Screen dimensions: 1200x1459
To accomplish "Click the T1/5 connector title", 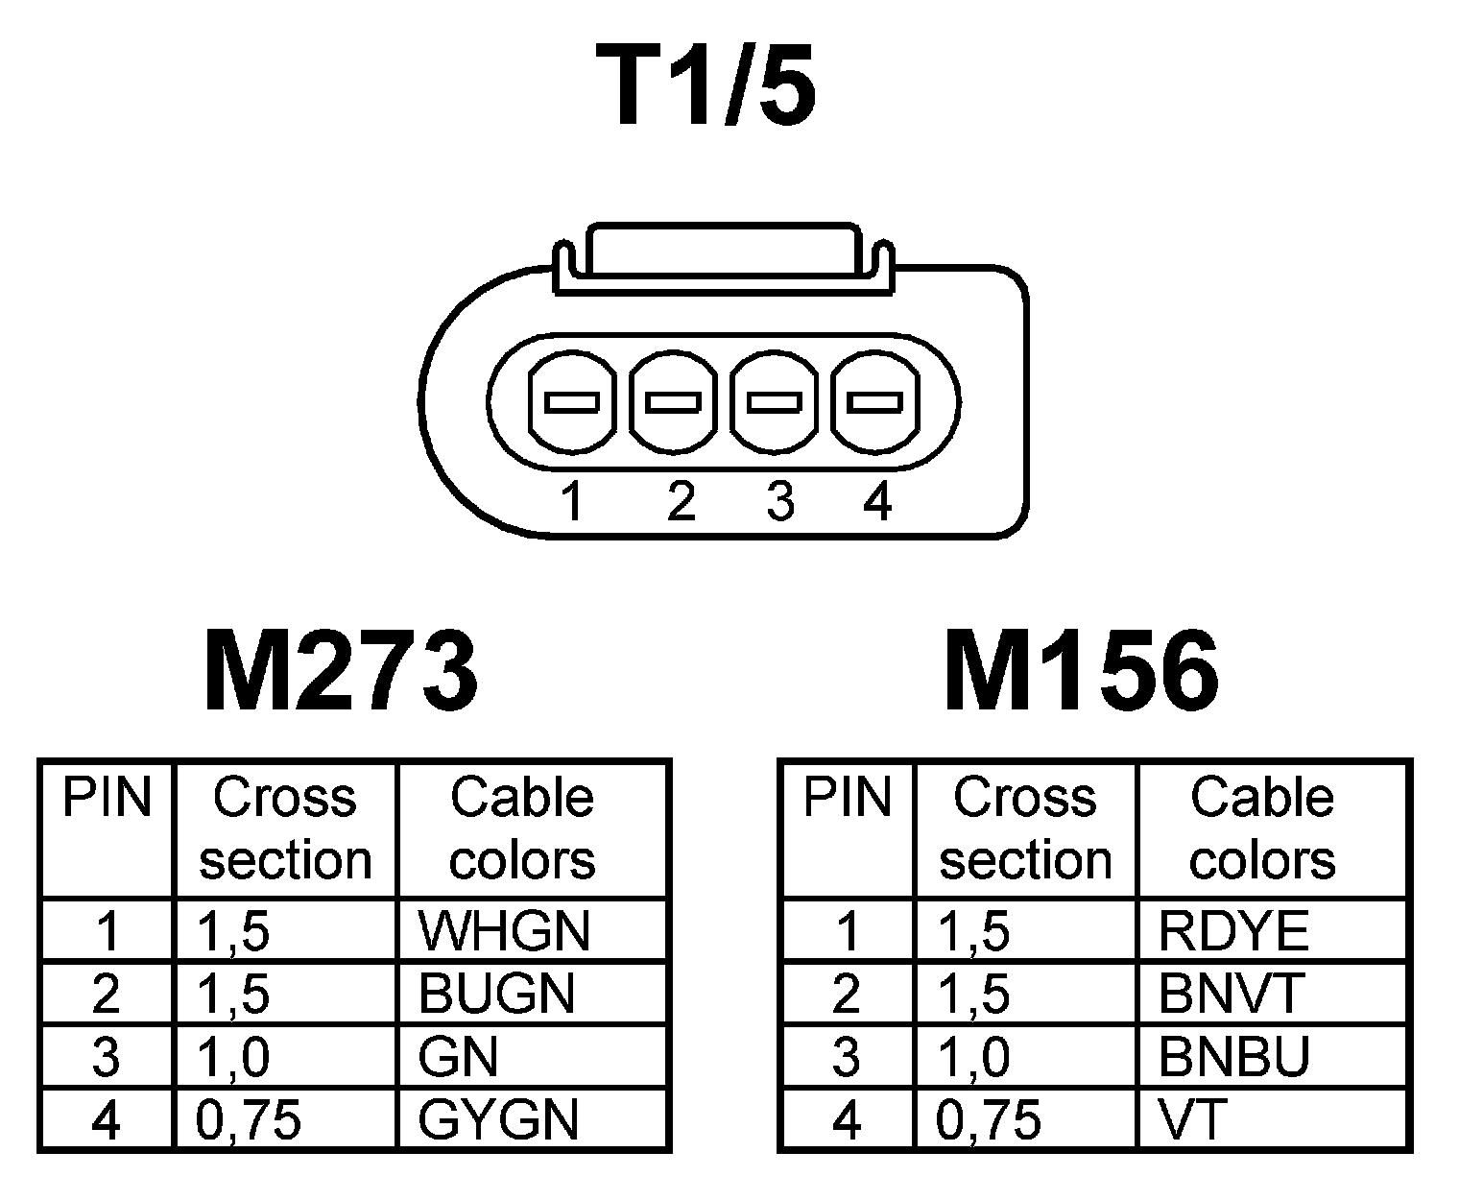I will click(706, 86).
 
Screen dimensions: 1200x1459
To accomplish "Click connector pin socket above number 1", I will click(572, 402).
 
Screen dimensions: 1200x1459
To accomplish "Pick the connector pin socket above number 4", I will click(875, 402).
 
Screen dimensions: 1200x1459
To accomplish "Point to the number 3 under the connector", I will click(779, 501).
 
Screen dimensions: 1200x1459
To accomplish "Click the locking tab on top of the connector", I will click(722, 252).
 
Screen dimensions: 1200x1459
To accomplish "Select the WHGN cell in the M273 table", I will click(504, 930).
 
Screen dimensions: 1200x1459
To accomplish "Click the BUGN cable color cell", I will click(496, 994).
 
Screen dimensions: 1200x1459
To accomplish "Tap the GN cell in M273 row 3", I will click(459, 1057).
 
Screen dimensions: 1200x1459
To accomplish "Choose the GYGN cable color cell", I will click(499, 1120).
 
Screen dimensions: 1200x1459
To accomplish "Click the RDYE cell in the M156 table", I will click(1233, 930).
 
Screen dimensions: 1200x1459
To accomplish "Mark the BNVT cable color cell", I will click(1231, 994).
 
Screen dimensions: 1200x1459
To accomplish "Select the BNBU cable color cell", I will click(1234, 1057).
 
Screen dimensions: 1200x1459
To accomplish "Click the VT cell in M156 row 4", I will click(1192, 1120).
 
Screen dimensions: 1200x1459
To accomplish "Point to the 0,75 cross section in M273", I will click(249, 1120).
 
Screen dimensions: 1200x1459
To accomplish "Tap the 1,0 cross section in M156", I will click(973, 1057).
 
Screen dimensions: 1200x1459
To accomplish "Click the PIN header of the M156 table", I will click(848, 799).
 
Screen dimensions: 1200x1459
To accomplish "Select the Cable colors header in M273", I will click(522, 828).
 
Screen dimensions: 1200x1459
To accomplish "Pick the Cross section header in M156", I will click(1025, 828).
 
